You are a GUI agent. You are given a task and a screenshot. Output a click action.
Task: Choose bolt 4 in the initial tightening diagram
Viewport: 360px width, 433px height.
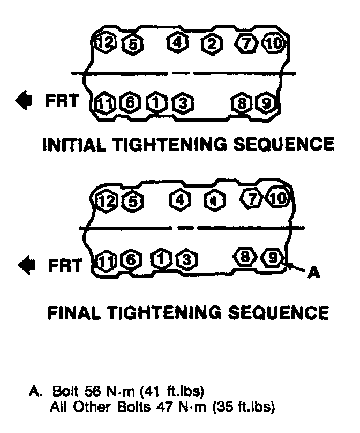click(x=177, y=42)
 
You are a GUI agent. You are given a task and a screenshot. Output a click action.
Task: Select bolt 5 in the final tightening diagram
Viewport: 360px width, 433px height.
click(x=131, y=201)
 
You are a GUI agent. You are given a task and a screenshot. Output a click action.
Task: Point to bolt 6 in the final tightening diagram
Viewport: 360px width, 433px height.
click(x=130, y=260)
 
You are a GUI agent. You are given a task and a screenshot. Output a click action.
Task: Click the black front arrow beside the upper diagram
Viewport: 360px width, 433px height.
click(x=24, y=100)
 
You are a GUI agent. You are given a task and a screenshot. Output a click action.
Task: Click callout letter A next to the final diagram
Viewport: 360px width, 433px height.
click(x=314, y=273)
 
